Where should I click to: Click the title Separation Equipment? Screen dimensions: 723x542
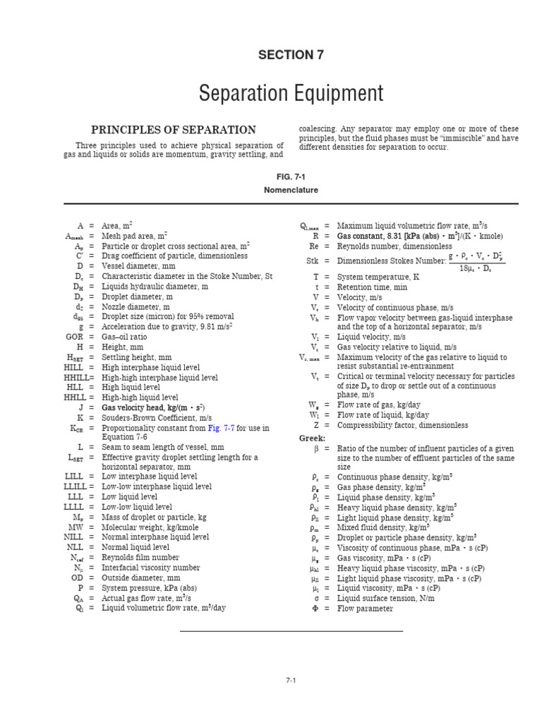tap(291, 92)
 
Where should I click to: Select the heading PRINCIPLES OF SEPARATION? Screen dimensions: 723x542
tap(173, 130)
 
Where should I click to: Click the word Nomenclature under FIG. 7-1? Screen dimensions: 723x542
tap(291, 190)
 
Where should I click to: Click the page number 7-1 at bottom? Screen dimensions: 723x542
tap(290, 679)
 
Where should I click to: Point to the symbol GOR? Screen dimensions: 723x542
tap(74, 337)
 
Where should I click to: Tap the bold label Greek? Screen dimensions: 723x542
tap(312, 438)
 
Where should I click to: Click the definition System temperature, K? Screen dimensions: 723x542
tap(378, 277)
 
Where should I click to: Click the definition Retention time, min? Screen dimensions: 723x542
tap(372, 287)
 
